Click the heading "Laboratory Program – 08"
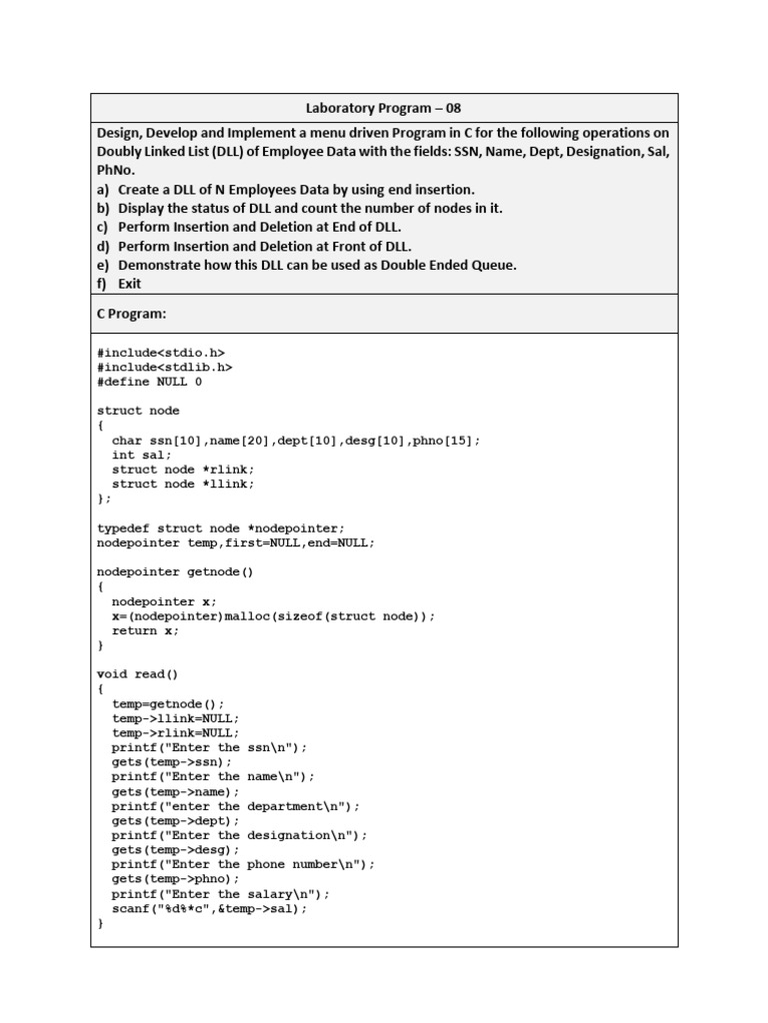click(384, 108)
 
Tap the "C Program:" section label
click(132, 314)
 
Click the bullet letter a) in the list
click(103, 189)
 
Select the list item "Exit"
click(129, 284)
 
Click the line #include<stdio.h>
click(161, 352)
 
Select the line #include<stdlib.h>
click(165, 367)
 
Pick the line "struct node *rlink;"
click(183, 470)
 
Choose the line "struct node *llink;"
click(183, 485)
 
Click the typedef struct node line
click(220, 527)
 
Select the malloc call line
click(273, 616)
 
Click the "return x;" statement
click(146, 631)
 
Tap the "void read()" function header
click(138, 674)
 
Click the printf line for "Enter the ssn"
click(210, 747)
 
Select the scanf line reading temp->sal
click(210, 909)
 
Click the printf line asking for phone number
click(243, 864)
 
